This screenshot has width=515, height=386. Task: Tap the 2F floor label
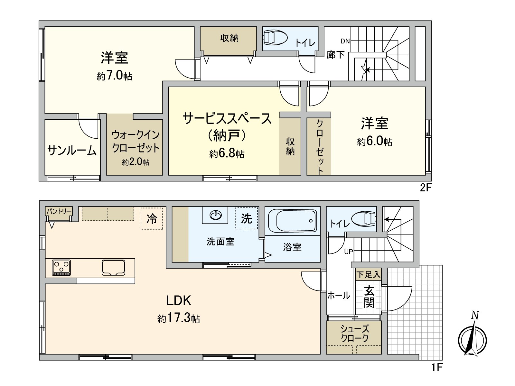425,188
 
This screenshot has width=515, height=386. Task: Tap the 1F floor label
437,367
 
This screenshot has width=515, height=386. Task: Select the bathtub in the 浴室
293,221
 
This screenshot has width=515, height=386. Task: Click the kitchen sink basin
113,267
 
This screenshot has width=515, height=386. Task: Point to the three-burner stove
61,268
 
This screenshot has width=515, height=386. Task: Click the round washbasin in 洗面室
215,215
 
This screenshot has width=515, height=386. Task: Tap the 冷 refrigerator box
152,219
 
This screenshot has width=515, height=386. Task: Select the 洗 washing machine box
247,218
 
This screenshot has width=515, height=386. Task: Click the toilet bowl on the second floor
275,38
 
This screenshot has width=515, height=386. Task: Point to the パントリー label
59,211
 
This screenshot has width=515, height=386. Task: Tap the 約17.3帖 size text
179,318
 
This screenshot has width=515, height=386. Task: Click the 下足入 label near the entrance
369,275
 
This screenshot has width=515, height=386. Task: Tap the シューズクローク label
354,333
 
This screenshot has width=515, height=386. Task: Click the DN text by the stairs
345,41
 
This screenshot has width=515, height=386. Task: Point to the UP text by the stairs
349,252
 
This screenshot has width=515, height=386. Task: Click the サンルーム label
72,150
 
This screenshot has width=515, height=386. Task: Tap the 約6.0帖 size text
374,141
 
